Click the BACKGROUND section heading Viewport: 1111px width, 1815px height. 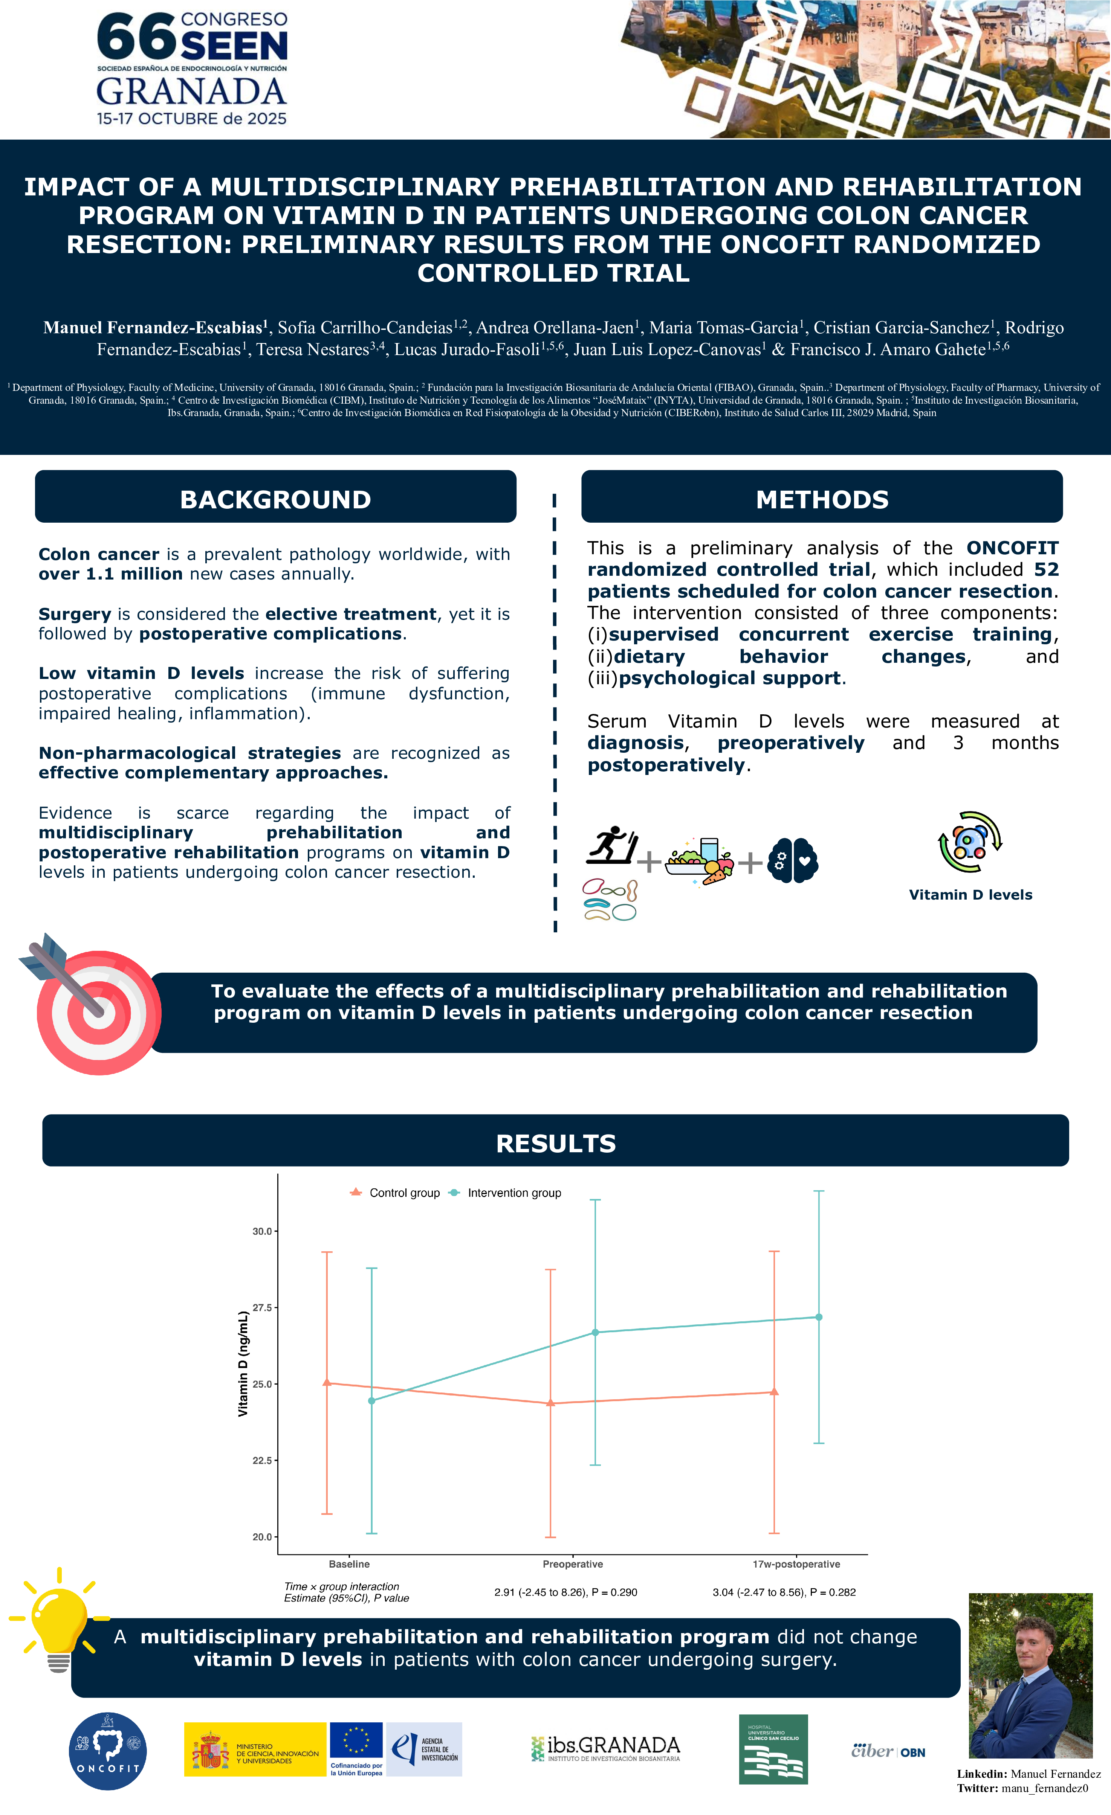(275, 499)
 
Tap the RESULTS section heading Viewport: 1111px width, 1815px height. (555, 1143)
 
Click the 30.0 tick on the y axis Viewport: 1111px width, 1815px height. (262, 1231)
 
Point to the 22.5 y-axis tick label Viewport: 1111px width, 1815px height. (262, 1460)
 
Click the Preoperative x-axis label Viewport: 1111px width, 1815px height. (572, 1564)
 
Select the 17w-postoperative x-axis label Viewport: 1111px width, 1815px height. (796, 1564)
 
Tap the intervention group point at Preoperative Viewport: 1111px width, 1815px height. (595, 1332)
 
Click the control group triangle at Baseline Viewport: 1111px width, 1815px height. (327, 1383)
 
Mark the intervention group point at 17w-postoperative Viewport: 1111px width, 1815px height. (819, 1317)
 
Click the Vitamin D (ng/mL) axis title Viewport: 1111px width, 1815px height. (243, 1363)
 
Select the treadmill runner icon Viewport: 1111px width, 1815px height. (611, 846)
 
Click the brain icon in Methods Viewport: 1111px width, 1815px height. (793, 860)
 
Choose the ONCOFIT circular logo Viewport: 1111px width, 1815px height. (108, 1752)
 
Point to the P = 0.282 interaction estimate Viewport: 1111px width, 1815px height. (784, 1592)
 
